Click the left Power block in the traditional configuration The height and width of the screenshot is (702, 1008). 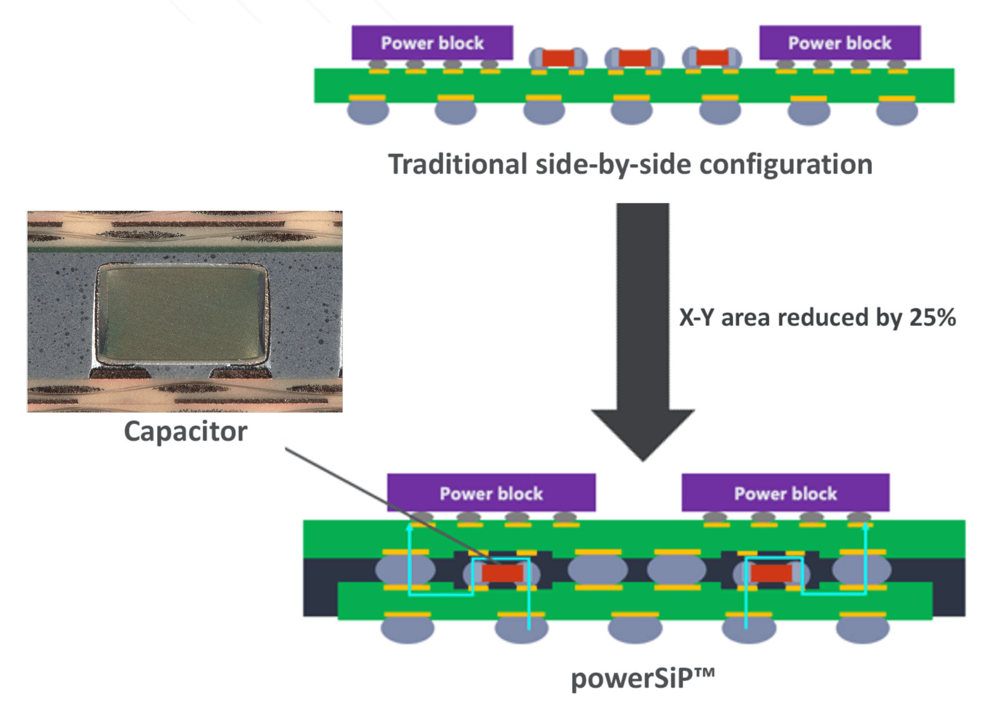tap(432, 43)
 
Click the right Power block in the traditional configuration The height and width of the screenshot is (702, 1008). tap(840, 43)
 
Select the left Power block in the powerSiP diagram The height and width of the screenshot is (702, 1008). tap(491, 493)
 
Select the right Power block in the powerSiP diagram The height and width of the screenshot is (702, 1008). tap(785, 493)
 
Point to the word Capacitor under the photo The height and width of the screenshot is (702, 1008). tap(185, 432)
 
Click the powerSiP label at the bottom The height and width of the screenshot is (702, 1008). tap(643, 679)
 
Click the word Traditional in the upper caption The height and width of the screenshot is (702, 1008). tap(458, 164)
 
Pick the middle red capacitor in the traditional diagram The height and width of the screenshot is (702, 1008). tap(634, 58)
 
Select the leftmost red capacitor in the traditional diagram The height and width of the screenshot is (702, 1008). tap(558, 58)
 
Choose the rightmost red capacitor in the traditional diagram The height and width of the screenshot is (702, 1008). tap(712, 58)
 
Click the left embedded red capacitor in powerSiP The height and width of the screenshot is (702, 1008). tap(502, 573)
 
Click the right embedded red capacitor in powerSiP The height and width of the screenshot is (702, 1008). tap(771, 573)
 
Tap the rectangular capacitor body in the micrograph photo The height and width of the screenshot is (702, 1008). tap(182, 313)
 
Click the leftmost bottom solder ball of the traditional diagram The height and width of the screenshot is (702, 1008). tap(368, 112)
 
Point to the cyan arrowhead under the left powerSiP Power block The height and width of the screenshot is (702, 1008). tap(409, 527)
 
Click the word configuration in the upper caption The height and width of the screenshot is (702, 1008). tap(786, 165)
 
